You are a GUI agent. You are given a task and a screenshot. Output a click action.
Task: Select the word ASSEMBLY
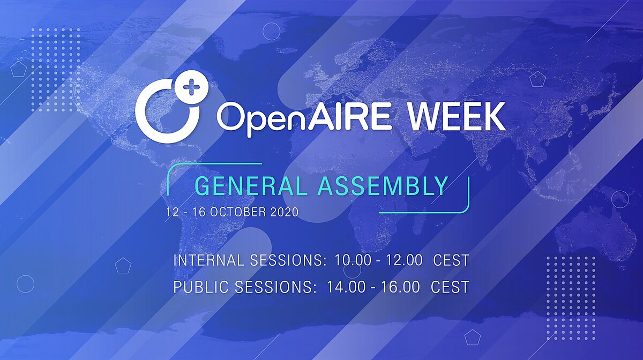pos(383,186)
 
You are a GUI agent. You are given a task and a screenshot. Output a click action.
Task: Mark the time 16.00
pos(400,287)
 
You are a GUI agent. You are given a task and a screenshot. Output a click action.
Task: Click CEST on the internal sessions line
pos(451,260)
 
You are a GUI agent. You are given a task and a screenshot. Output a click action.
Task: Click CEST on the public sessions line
pos(450,287)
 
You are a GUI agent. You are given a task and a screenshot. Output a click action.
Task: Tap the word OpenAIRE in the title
pos(304,118)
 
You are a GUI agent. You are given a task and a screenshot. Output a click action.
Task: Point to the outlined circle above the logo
pos(271,31)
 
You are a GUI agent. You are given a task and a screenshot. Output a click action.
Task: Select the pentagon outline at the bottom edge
pos(472,337)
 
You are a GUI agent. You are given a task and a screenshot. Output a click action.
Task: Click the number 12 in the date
pos(171,213)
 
